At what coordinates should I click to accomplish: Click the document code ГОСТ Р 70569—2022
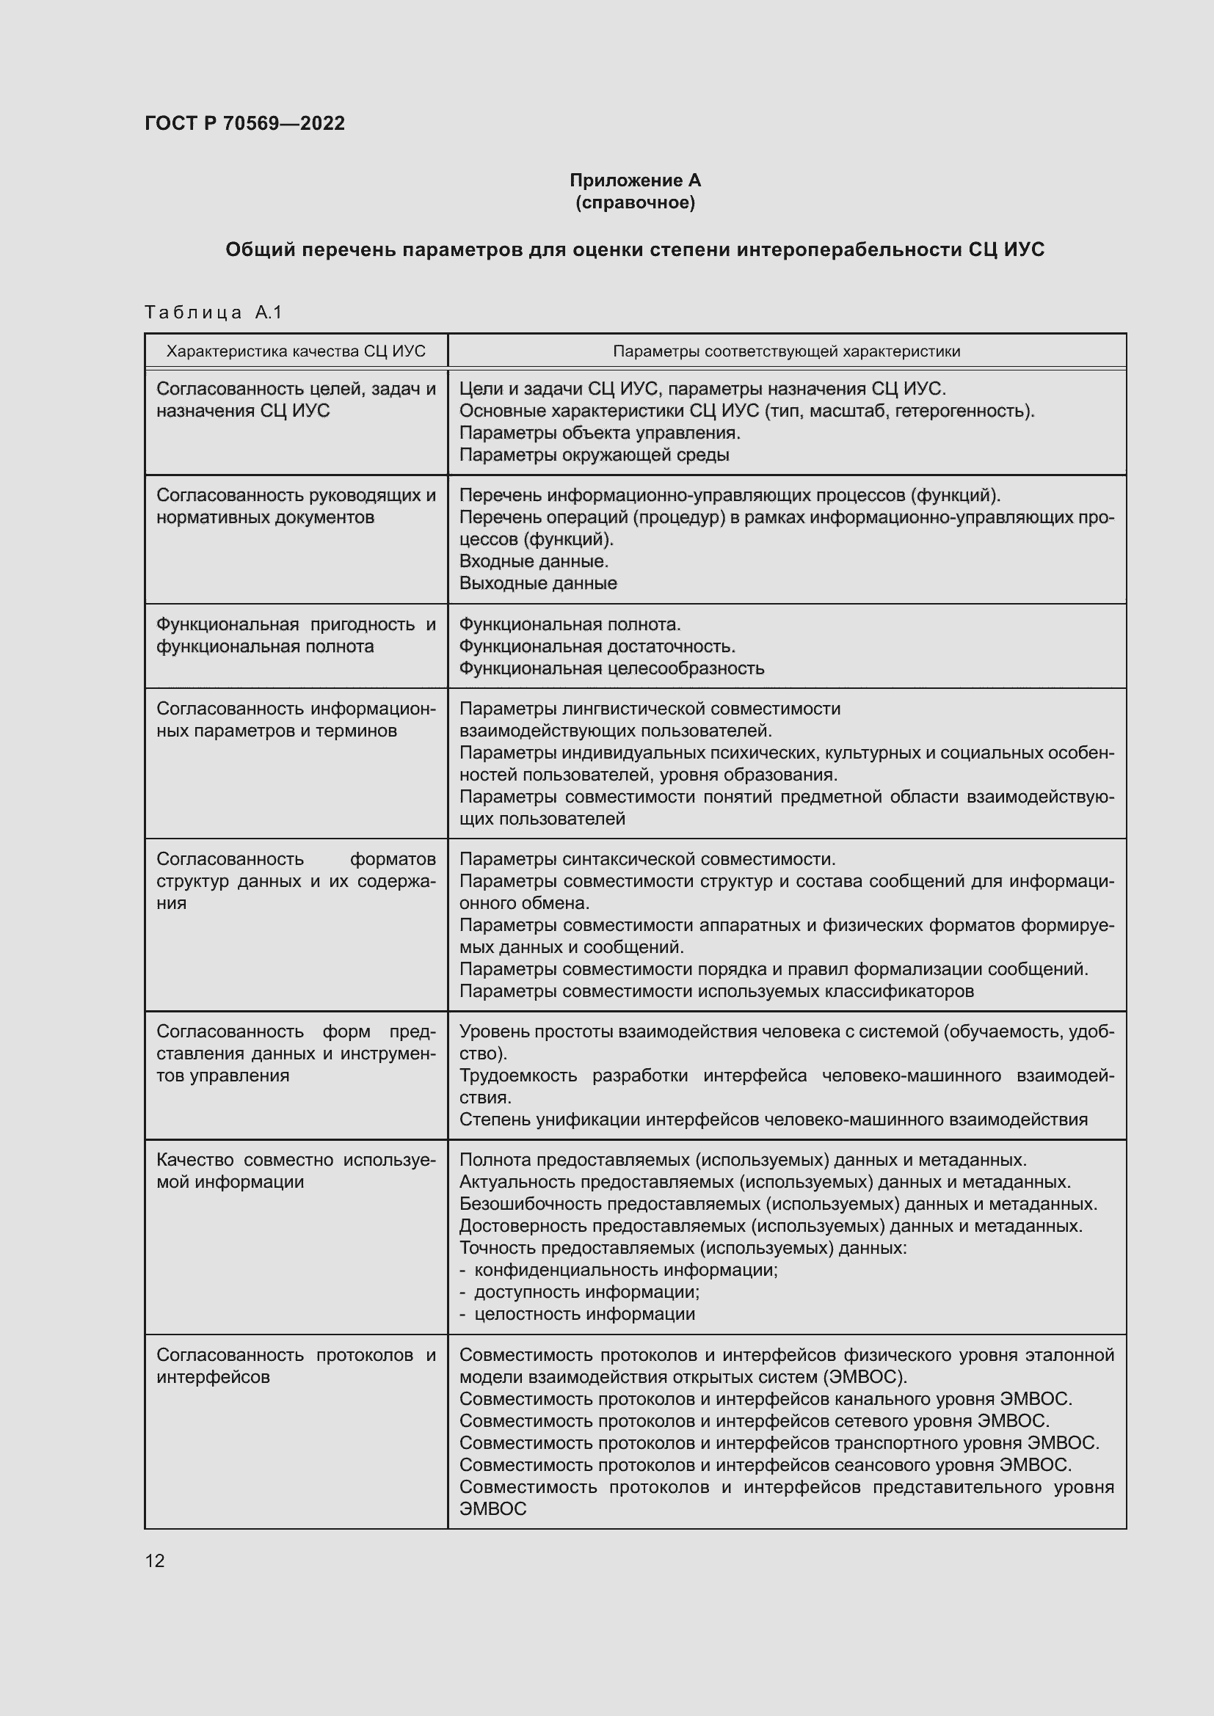point(244,123)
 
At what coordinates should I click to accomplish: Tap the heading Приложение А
point(635,180)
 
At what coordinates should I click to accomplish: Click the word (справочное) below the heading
point(635,202)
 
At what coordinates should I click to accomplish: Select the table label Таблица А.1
point(213,312)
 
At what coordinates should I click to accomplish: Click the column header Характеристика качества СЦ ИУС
point(295,351)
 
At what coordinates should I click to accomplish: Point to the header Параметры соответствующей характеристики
point(786,351)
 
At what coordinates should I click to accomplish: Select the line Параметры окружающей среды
point(594,454)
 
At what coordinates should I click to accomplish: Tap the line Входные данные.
point(533,561)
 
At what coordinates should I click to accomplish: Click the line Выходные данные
point(537,583)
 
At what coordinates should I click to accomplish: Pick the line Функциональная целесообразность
point(611,668)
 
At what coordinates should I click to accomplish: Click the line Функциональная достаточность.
point(597,646)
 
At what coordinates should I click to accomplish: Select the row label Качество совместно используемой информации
point(295,1170)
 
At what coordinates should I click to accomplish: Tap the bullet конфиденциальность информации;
point(625,1269)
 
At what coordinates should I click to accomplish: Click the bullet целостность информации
point(584,1313)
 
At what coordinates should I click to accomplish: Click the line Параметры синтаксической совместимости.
point(647,859)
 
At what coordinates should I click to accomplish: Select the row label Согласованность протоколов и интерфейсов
point(295,1365)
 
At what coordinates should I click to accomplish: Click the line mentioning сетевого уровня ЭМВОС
point(754,1420)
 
